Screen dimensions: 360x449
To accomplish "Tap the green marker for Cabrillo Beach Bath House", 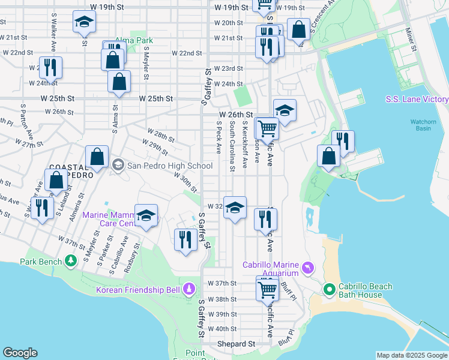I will click(x=329, y=290).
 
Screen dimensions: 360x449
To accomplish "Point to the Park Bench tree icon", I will click(x=71, y=262).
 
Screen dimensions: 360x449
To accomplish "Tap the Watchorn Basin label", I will click(x=423, y=125).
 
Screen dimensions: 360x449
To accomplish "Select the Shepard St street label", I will click(x=236, y=344).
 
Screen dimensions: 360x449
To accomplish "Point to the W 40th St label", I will click(x=222, y=329).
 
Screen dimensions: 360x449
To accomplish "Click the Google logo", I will click(x=20, y=353).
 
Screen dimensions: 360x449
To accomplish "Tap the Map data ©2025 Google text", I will click(x=411, y=355).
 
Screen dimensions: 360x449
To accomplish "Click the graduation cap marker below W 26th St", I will click(x=285, y=110).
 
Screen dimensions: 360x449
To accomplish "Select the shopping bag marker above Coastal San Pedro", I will click(x=97, y=157).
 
